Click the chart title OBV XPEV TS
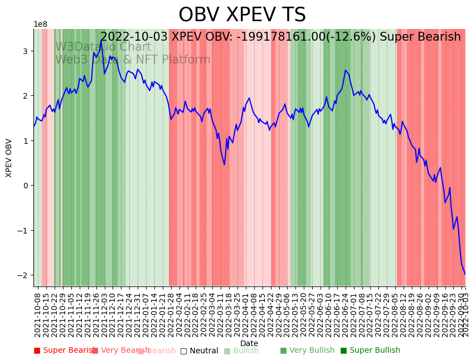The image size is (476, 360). point(242,15)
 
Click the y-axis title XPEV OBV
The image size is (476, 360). point(9,158)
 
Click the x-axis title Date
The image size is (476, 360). point(249,343)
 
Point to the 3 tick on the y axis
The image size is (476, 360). point(25,51)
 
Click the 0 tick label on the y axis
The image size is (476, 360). point(25,186)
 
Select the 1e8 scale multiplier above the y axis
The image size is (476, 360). point(40,25)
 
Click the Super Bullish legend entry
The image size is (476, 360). point(370,351)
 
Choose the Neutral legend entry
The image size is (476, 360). point(199,351)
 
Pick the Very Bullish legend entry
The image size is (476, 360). point(307,351)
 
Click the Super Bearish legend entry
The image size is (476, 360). point(62,351)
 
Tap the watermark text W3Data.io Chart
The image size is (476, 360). point(103,47)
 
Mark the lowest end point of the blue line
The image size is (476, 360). point(465,274)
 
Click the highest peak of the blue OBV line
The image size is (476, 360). point(101,40)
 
